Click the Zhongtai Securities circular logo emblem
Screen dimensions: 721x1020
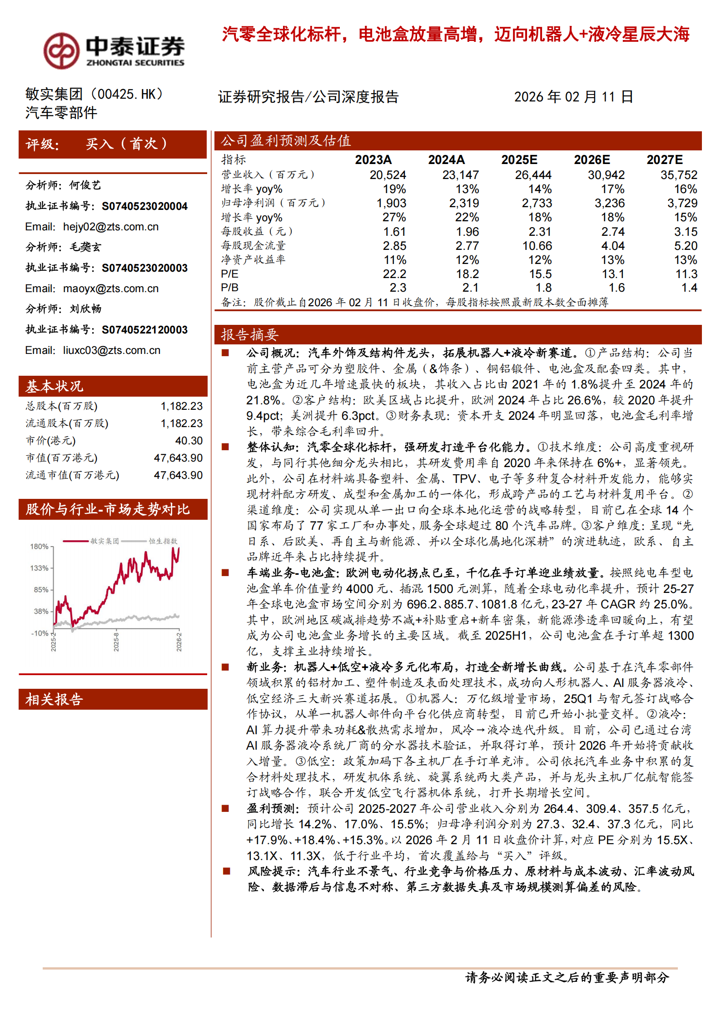click(x=61, y=50)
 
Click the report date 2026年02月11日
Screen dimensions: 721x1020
click(x=573, y=97)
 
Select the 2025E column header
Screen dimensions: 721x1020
click(x=519, y=160)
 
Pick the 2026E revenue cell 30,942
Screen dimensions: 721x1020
click(x=606, y=175)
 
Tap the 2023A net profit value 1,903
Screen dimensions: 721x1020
click(x=391, y=203)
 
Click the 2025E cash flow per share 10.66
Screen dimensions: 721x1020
click(x=537, y=246)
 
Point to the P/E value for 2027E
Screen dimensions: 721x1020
click(x=686, y=274)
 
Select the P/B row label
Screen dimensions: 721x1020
click(x=229, y=288)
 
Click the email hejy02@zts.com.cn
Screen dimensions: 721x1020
click(x=110, y=227)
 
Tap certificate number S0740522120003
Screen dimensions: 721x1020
click(x=144, y=330)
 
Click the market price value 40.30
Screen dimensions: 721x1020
click(x=189, y=441)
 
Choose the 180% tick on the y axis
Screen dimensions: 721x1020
click(x=39, y=547)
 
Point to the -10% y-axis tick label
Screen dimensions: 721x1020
click(x=39, y=633)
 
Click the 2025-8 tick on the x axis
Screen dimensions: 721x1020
click(x=116, y=642)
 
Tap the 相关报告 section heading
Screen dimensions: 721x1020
click(x=54, y=699)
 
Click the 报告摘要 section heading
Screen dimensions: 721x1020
click(x=249, y=335)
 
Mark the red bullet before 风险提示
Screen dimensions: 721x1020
click(x=226, y=871)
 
